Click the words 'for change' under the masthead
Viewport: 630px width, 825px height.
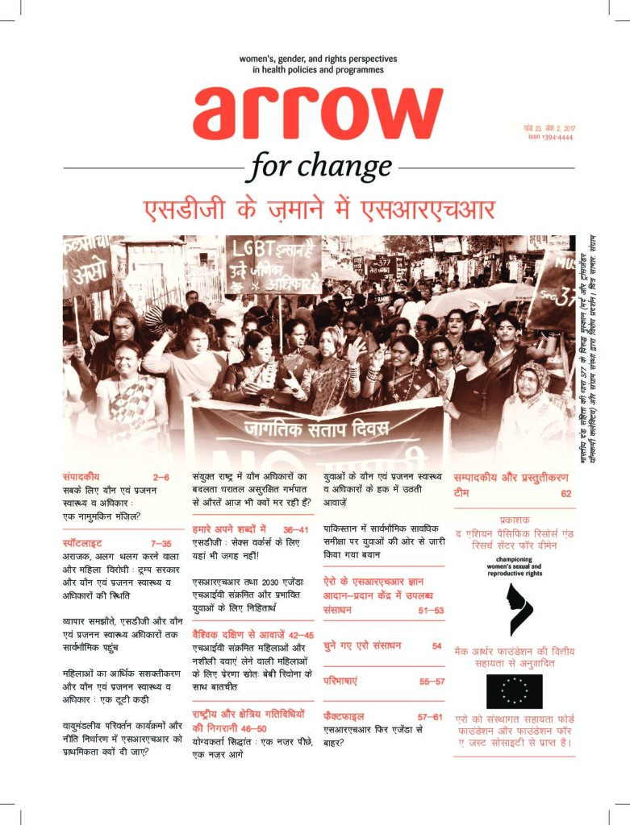click(320, 167)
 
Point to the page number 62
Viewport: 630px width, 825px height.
click(565, 493)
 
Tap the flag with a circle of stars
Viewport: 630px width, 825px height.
click(514, 690)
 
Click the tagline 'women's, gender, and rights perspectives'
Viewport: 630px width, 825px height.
click(318, 59)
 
